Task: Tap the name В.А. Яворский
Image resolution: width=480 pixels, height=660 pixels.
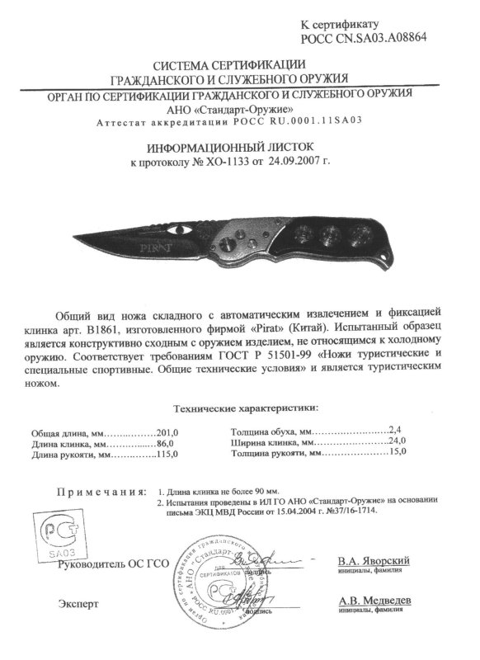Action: tap(374, 561)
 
